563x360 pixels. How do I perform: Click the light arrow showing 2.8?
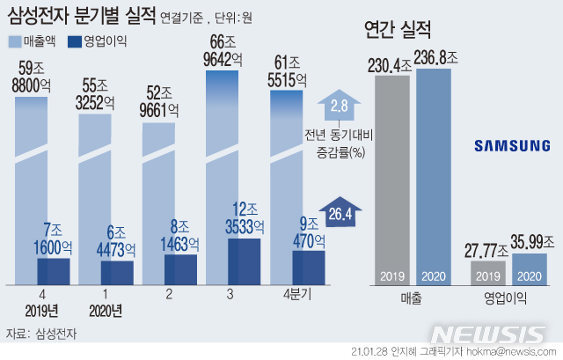pyautogui.click(x=338, y=106)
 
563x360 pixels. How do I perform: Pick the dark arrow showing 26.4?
pyautogui.click(x=337, y=212)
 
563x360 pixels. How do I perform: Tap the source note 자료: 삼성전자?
pyautogui.click(x=40, y=333)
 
